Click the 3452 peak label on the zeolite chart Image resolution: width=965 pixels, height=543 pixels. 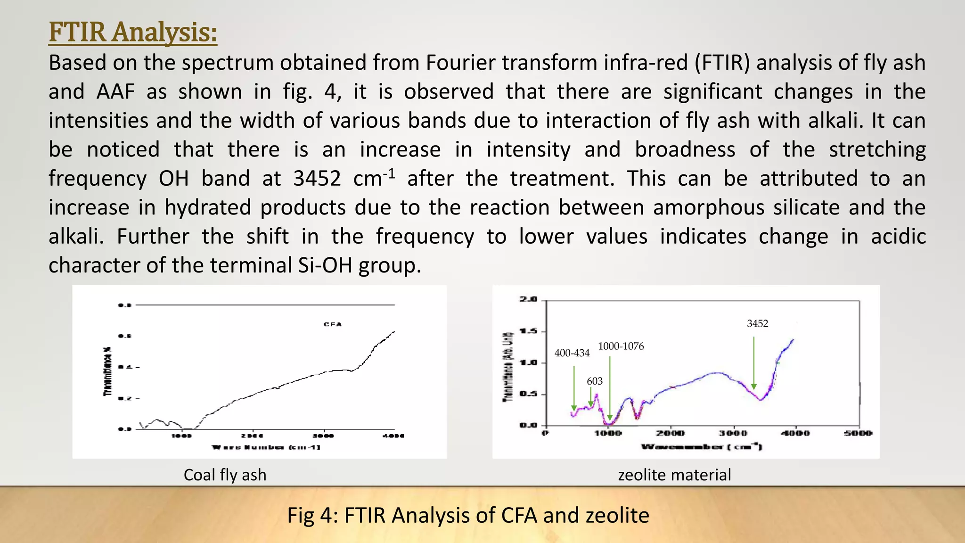click(x=757, y=324)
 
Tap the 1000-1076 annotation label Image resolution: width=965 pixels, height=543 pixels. click(x=621, y=346)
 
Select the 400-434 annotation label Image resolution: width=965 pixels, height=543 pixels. click(x=572, y=353)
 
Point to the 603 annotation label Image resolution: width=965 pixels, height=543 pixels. click(x=595, y=381)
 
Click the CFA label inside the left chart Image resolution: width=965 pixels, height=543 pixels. click(x=333, y=324)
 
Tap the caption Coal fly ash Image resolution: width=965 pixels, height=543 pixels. click(x=225, y=475)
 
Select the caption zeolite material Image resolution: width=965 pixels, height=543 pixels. click(x=674, y=475)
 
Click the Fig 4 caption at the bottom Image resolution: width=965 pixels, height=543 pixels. click(x=468, y=515)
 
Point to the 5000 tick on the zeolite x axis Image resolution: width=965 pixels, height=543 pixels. click(x=858, y=433)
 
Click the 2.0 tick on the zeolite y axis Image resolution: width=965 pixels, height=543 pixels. click(x=528, y=299)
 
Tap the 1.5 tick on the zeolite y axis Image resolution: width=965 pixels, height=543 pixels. click(x=528, y=331)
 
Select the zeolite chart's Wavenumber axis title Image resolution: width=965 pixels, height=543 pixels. click(x=701, y=446)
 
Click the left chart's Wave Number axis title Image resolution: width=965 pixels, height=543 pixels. click(x=266, y=447)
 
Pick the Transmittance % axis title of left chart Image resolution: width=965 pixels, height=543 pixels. click(x=108, y=371)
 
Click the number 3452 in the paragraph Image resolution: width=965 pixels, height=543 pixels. click(x=317, y=179)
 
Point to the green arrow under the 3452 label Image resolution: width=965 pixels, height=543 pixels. click(x=754, y=363)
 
